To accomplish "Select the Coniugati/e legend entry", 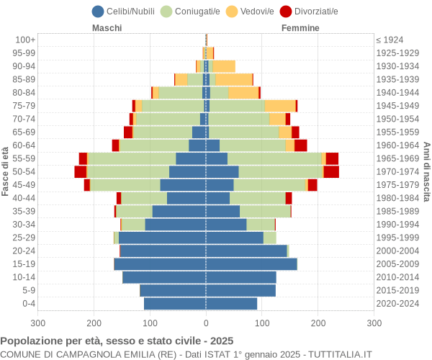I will click(x=185, y=11).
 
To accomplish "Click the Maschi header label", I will click(x=107, y=28).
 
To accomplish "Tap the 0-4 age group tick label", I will click(x=28, y=304).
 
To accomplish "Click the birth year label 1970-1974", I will click(x=398, y=171).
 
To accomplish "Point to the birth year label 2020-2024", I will click(x=398, y=304).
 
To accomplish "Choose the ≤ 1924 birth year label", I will click(x=390, y=40).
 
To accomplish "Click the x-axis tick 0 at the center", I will click(x=206, y=324).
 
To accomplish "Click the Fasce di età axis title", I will click(x=6, y=171).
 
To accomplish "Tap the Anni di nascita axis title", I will click(x=426, y=171).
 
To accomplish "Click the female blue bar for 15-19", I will click(x=251, y=264).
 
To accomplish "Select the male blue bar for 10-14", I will click(x=164, y=277).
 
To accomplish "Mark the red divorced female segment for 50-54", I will click(x=331, y=171).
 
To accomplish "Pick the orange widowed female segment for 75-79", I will click(x=279, y=106).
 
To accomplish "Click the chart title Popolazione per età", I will click(x=117, y=341).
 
